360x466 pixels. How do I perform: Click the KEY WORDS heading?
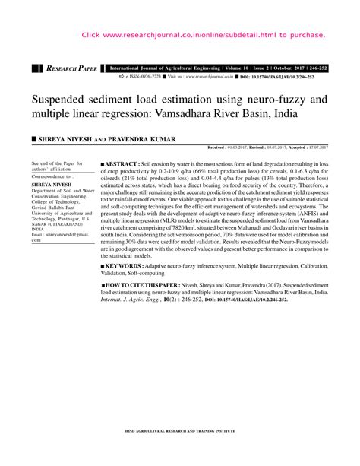pyautogui.click(x=129, y=267)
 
